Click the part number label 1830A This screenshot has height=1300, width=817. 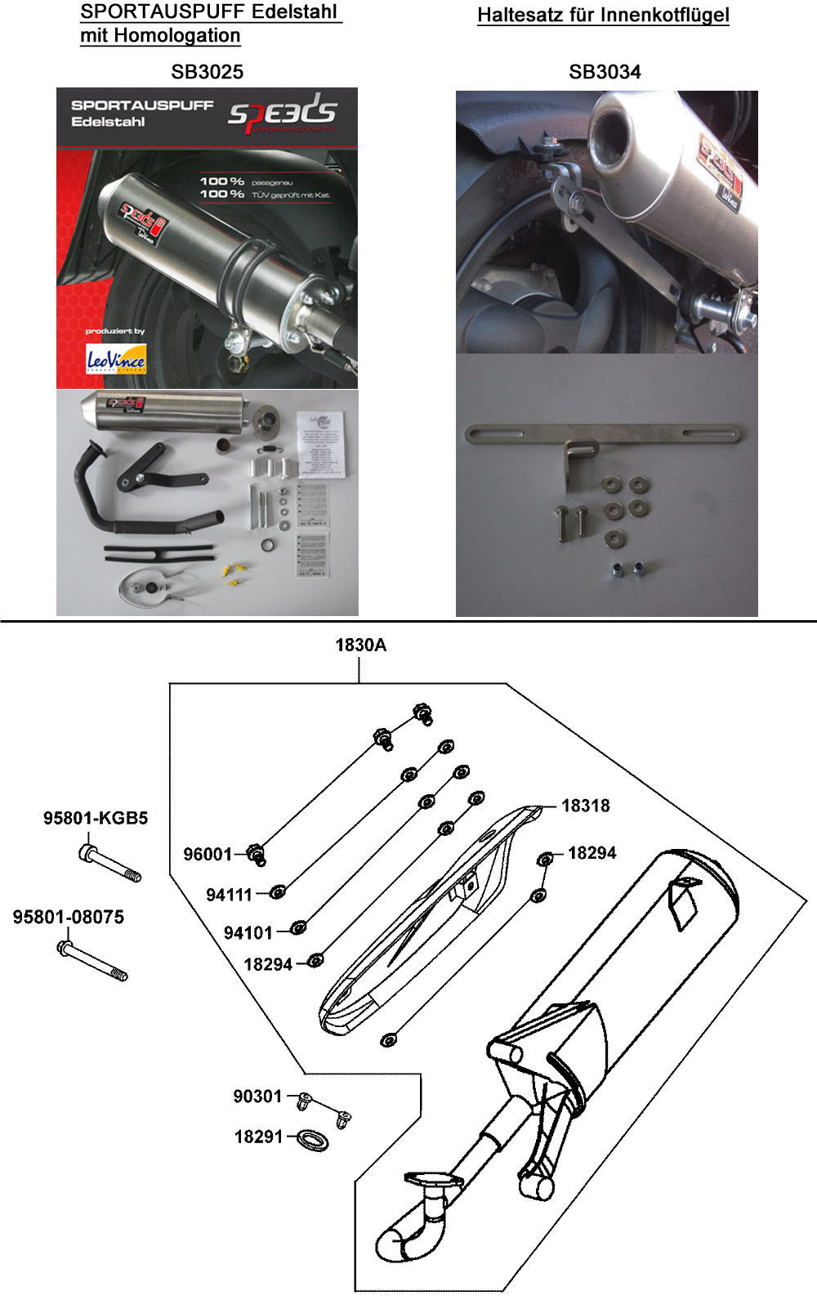click(x=360, y=646)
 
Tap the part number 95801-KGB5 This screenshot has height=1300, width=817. click(x=96, y=818)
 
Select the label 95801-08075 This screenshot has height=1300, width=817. click(x=69, y=917)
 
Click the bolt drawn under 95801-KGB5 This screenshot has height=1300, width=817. click(x=110, y=864)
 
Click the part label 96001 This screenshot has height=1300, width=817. click(x=208, y=855)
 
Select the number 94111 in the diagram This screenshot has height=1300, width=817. click(x=229, y=895)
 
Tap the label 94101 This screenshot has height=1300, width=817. click(x=248, y=933)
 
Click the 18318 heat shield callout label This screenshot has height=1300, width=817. click(x=586, y=806)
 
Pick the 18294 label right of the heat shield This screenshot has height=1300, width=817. click(x=592, y=853)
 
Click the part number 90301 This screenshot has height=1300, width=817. click(x=257, y=1097)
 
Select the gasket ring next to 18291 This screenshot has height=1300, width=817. click(x=312, y=1140)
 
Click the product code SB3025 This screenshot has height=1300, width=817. click(x=207, y=72)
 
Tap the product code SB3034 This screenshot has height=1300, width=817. click(x=605, y=72)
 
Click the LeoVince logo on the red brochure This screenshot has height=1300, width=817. click(x=116, y=360)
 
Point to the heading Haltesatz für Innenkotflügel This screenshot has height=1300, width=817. click(x=603, y=15)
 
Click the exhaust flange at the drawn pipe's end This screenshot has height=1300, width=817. click(x=433, y=1180)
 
